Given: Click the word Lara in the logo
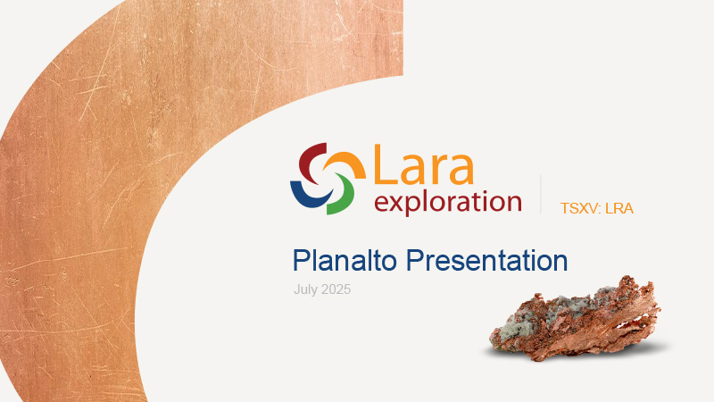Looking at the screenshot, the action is [x=424, y=165].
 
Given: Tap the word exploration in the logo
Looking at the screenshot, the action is [x=448, y=203].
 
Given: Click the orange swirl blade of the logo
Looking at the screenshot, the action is [x=346, y=163].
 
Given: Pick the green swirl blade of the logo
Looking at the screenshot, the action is [x=343, y=196].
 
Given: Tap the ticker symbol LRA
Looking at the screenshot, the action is [x=619, y=208].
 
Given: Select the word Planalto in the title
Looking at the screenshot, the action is [x=345, y=261].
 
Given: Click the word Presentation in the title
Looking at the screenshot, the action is [x=486, y=261].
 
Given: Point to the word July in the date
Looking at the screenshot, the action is [x=305, y=289].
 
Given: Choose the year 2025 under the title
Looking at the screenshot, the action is [x=336, y=289].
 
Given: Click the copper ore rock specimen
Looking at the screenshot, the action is [x=575, y=319].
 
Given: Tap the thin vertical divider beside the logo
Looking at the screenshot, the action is [x=541, y=194].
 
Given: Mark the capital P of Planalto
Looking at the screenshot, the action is [x=301, y=260].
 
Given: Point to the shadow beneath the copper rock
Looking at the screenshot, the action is [x=575, y=352].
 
